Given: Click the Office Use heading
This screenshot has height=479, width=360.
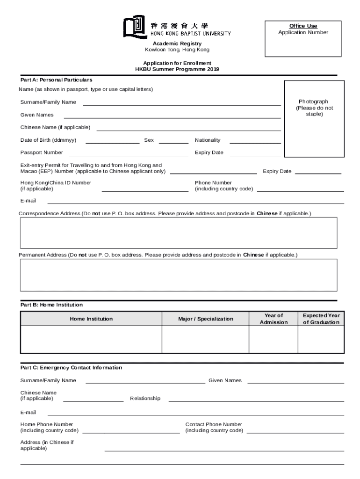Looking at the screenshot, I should pos(303,26).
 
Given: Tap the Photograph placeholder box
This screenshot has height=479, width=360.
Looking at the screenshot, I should pos(314,119).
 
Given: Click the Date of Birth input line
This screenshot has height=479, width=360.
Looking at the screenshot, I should pos(112,143).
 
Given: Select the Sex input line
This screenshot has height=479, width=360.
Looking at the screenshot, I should pos(173,143).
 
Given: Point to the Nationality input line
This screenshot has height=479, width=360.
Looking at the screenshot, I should pos(255,143).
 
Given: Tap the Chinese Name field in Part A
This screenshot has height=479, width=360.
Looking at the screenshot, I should pos(188,130).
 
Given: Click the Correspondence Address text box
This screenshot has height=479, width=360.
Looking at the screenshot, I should pos(178,232).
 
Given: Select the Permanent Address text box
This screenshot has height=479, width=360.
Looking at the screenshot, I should pos(178,275).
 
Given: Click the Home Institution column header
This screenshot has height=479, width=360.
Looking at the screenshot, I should pos(91,319).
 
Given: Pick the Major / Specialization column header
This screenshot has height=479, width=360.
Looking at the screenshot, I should pos(205,319).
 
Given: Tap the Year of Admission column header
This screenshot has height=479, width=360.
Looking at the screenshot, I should pos(274,319).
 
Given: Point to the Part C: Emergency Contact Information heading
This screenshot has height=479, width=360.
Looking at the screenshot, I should pos(71,368).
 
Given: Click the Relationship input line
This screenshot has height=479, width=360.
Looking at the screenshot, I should pos(256,401).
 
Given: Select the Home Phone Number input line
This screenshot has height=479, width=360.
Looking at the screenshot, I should pos(131,433).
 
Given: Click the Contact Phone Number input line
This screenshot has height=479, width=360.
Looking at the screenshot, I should pos(295,433).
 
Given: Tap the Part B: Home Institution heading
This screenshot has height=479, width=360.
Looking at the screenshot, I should pos(51,305).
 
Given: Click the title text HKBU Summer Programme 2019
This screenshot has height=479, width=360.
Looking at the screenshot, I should pos(177,69).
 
